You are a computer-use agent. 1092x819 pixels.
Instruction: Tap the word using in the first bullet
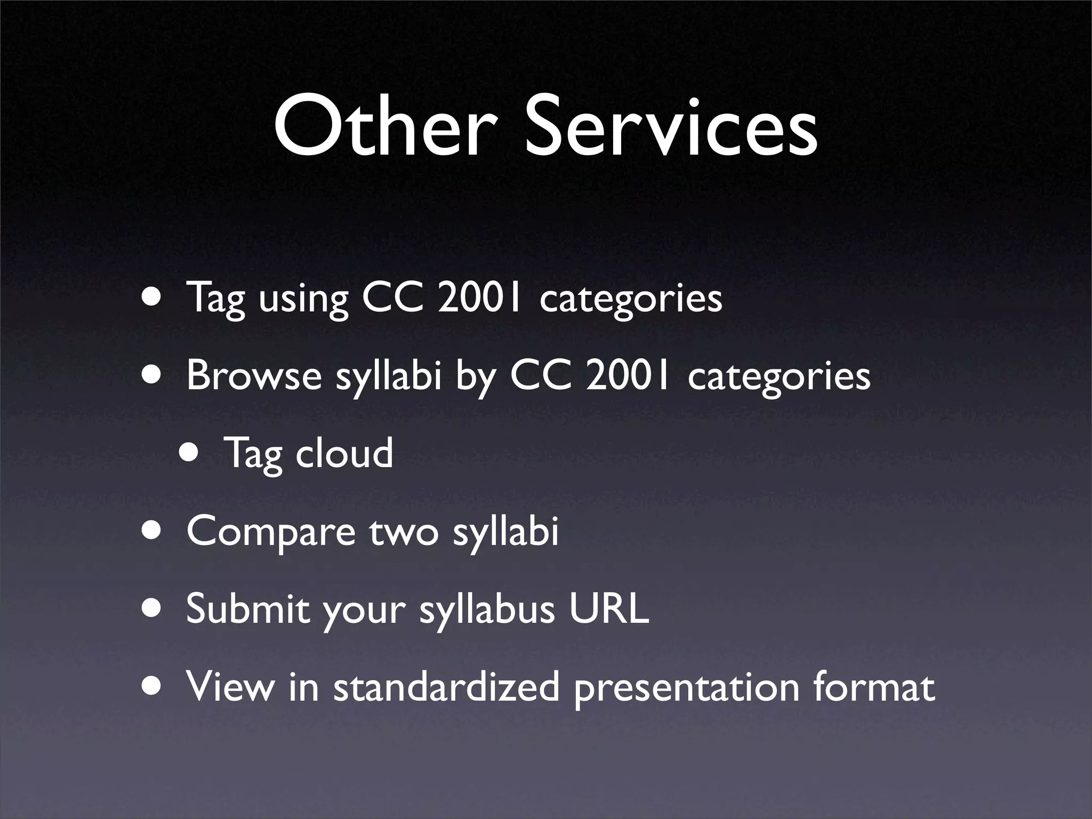point(303,299)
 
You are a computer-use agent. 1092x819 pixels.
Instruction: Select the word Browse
point(254,375)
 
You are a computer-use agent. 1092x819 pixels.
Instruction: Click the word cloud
point(344,453)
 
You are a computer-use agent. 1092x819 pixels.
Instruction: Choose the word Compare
point(271,532)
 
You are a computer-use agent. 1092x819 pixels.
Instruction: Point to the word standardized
point(446,686)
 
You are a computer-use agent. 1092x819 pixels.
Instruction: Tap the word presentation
point(686,687)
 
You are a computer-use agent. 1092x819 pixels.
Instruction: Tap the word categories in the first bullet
point(631,299)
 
